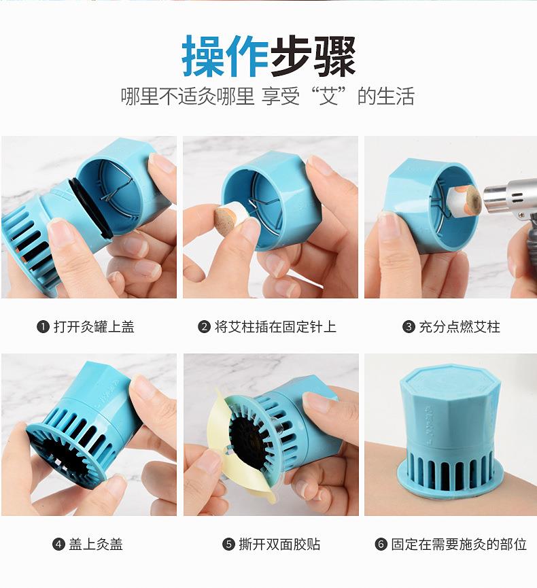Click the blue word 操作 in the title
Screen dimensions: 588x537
click(x=225, y=57)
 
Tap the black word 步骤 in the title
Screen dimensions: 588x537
click(x=313, y=57)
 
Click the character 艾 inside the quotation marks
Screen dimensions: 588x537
click(x=329, y=96)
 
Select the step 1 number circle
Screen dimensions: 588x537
click(x=43, y=327)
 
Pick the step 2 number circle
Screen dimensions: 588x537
click(x=204, y=327)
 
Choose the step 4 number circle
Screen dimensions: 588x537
click(x=58, y=544)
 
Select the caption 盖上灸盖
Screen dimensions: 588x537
click(x=96, y=544)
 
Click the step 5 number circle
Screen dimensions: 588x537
click(x=228, y=544)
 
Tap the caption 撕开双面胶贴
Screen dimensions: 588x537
click(x=279, y=544)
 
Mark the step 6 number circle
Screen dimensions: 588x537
click(x=381, y=544)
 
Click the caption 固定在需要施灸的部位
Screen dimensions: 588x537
click(x=459, y=544)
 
